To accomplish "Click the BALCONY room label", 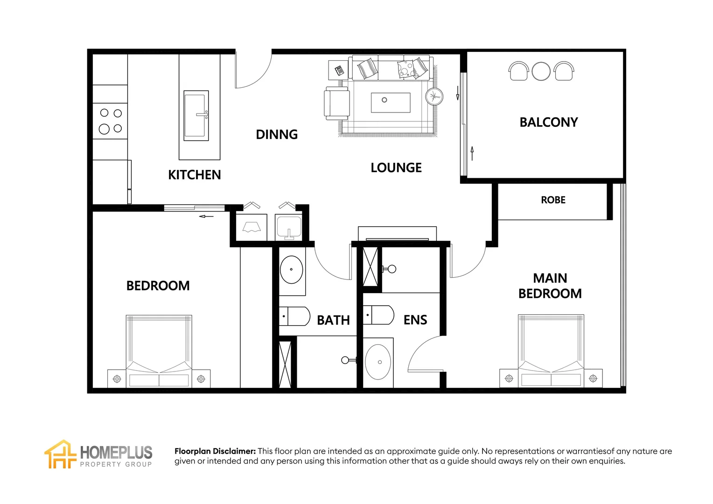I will (x=548, y=122).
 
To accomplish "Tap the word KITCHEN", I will (x=194, y=175).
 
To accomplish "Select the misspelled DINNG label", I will (x=277, y=134).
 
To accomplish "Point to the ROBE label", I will (x=553, y=200).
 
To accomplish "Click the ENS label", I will (x=415, y=320).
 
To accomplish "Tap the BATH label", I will (x=333, y=320).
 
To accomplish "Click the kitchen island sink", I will (x=196, y=116).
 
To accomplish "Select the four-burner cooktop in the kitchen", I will (x=110, y=121).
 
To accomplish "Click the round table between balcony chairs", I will (x=541, y=71).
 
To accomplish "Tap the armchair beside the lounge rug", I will (x=337, y=103).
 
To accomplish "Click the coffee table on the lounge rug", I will (x=391, y=103).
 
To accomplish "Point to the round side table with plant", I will (x=434, y=97).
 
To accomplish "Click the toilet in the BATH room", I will (x=295, y=316).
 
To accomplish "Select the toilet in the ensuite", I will (x=379, y=315).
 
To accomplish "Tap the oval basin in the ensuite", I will (x=378, y=362).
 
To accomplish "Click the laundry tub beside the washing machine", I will (x=289, y=228).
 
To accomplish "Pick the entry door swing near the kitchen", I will (x=252, y=70).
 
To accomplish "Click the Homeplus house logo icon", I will (x=60, y=454).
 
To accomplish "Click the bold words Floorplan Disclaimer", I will (x=215, y=451).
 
